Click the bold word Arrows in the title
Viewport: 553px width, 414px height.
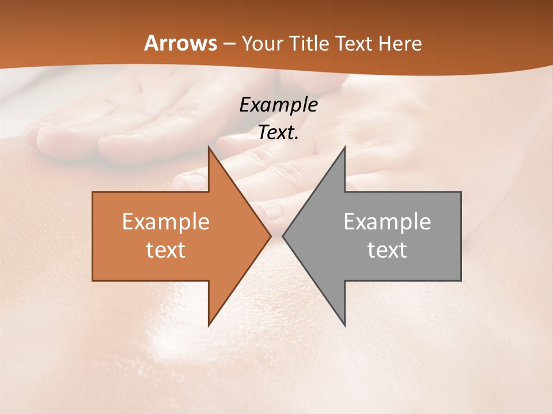180,43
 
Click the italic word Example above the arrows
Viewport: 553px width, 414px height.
278,105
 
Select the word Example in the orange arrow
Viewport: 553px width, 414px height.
166,222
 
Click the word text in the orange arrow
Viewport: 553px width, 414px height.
166,250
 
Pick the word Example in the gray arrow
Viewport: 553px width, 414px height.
387,222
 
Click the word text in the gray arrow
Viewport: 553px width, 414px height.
387,250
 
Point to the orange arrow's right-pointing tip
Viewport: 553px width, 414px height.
271,236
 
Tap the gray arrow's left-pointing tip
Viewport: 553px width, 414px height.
283,236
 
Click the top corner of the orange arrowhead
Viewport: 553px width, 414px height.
209,147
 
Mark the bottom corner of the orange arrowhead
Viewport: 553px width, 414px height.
209,325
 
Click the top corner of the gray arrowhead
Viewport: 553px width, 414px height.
344,147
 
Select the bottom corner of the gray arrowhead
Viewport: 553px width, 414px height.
344,325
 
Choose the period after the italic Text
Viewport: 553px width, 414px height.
297,139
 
